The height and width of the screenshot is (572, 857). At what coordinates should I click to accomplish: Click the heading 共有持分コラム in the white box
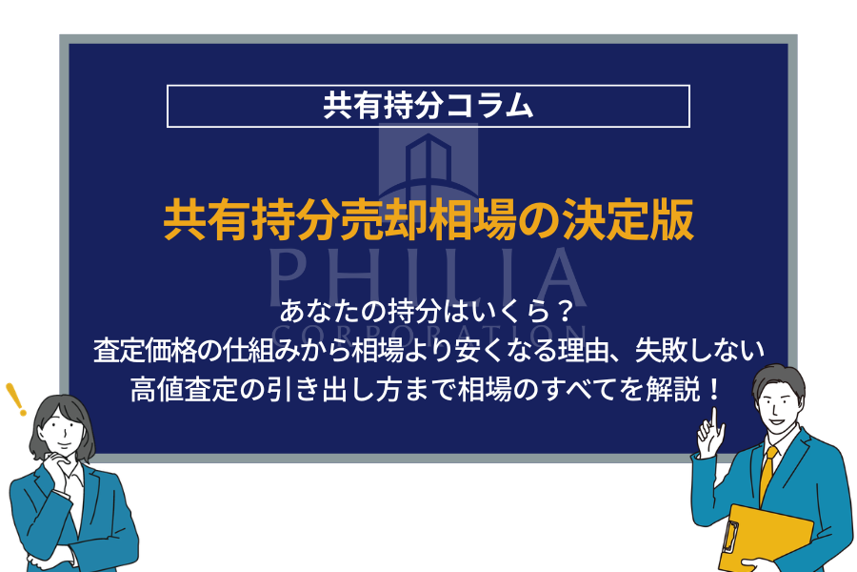click(428, 105)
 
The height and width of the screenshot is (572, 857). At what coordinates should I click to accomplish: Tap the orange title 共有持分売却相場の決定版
click(428, 220)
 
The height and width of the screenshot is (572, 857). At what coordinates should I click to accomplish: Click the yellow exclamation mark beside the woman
click(15, 399)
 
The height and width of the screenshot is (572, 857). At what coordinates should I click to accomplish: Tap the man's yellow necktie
click(767, 474)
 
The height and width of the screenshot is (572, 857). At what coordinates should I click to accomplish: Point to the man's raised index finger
click(714, 419)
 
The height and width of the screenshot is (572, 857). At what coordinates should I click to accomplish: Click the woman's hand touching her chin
click(56, 462)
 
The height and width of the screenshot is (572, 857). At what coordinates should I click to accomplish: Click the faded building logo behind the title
click(428, 163)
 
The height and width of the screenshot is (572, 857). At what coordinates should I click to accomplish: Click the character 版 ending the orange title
click(673, 220)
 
